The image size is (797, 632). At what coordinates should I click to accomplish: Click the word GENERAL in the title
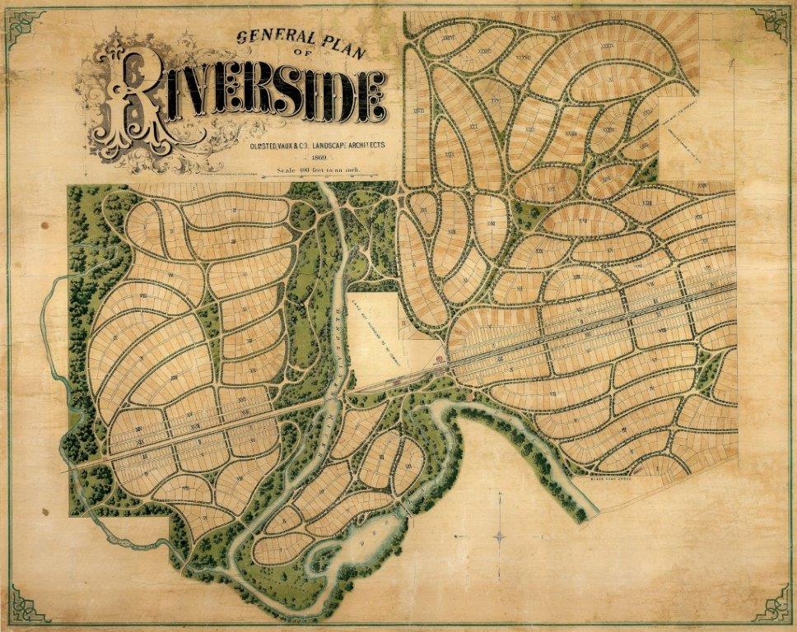pos(267,37)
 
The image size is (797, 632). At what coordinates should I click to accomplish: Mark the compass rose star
pos(500,537)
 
